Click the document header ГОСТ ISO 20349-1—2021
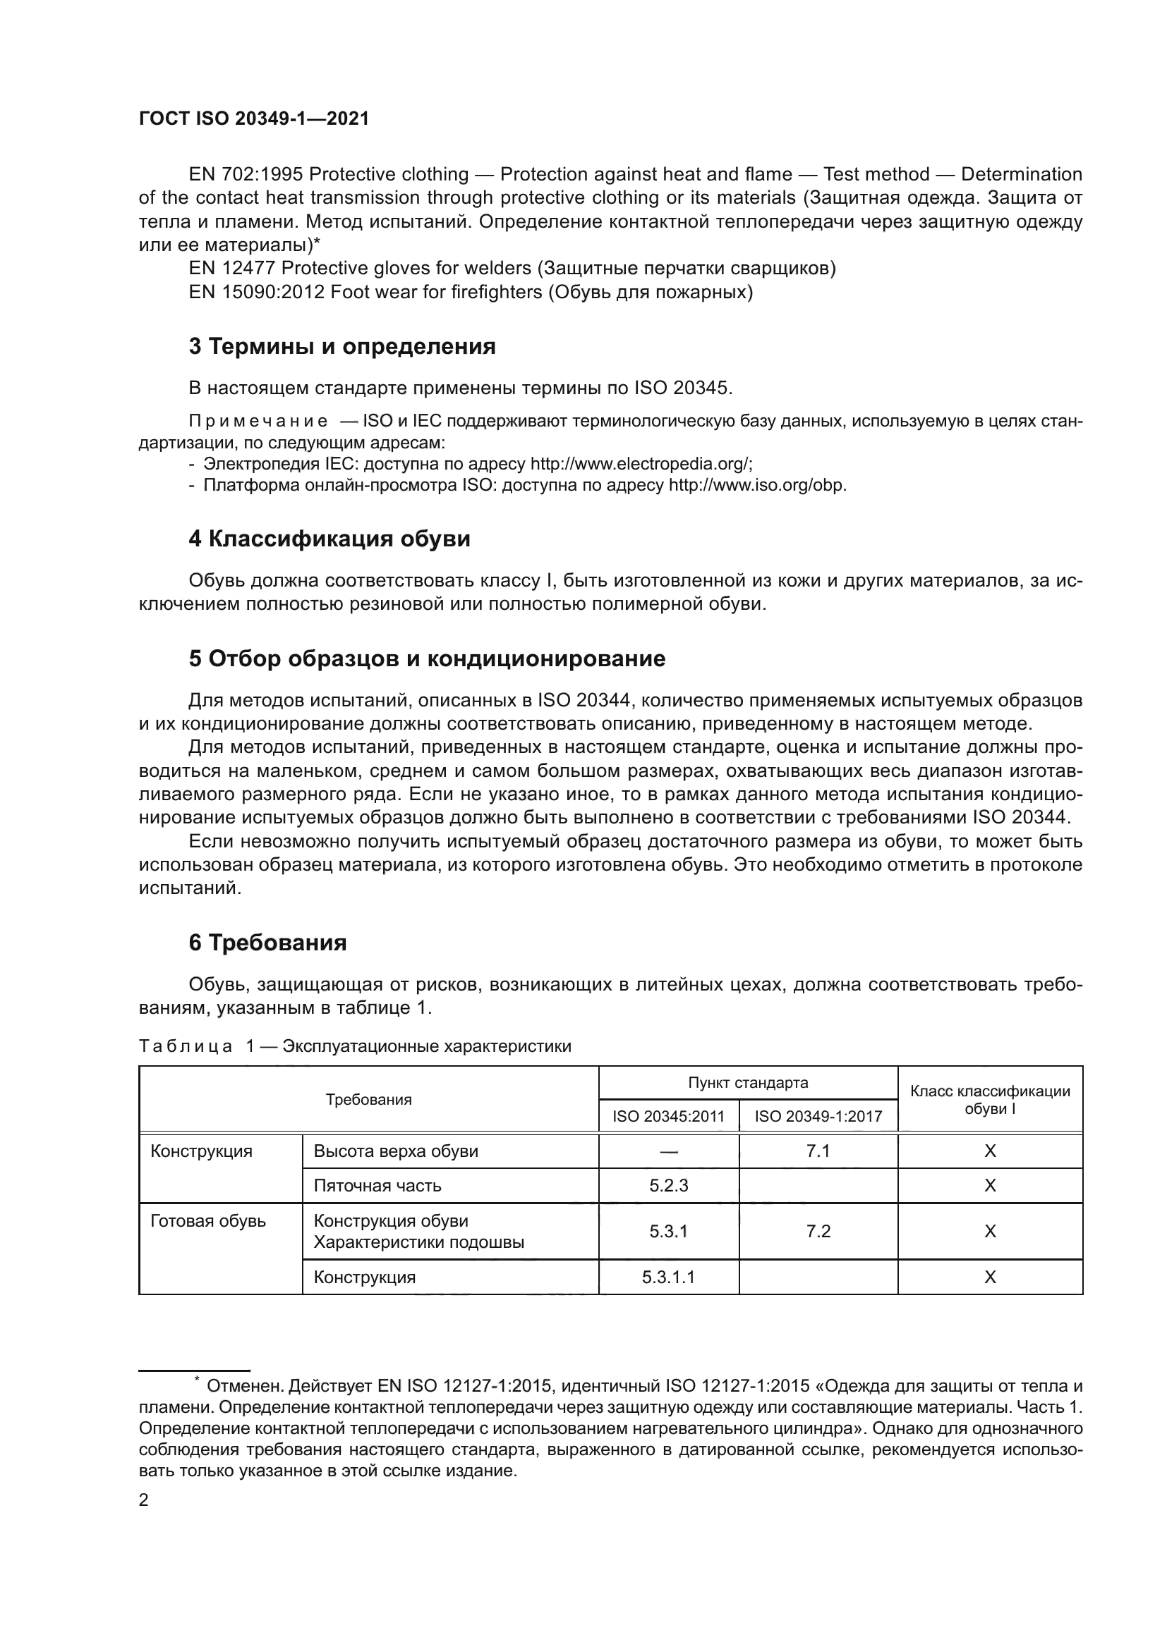point(254,119)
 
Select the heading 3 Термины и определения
point(342,347)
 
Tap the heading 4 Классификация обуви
point(329,539)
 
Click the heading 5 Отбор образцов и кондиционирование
point(427,658)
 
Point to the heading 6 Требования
point(267,943)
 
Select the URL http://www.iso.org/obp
point(756,485)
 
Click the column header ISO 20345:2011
point(668,1117)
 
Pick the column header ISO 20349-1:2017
point(818,1117)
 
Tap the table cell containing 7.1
point(818,1151)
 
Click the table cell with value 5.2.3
point(668,1186)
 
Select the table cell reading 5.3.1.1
point(668,1277)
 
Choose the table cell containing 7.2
point(818,1231)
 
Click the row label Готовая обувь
point(207,1221)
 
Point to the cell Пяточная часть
point(377,1186)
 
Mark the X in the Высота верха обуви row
point(989,1151)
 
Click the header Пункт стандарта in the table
point(747,1083)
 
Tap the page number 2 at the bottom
point(144,1500)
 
